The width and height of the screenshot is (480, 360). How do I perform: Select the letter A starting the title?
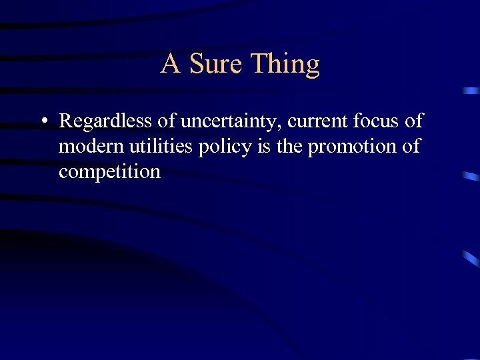171,64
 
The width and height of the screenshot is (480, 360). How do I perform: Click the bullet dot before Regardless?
43,122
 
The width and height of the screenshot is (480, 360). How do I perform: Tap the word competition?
109,172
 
